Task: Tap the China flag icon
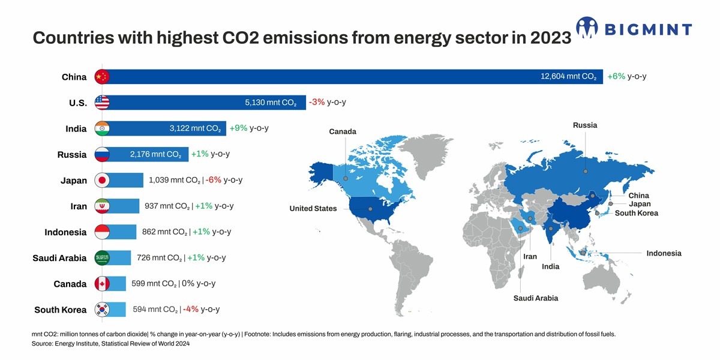[102, 77]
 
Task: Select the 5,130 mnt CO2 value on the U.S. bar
[271, 103]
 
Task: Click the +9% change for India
[239, 128]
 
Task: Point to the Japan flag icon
[102, 180]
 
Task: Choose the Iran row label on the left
[79, 206]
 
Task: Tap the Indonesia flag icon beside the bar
[102, 232]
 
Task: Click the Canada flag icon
[102, 284]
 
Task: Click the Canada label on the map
[343, 131]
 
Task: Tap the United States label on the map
[313, 208]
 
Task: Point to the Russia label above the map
[584, 125]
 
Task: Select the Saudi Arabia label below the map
[536, 298]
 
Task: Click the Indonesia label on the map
[664, 253]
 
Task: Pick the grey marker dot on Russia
[585, 171]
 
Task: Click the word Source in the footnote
[43, 344]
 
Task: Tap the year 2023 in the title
[550, 38]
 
